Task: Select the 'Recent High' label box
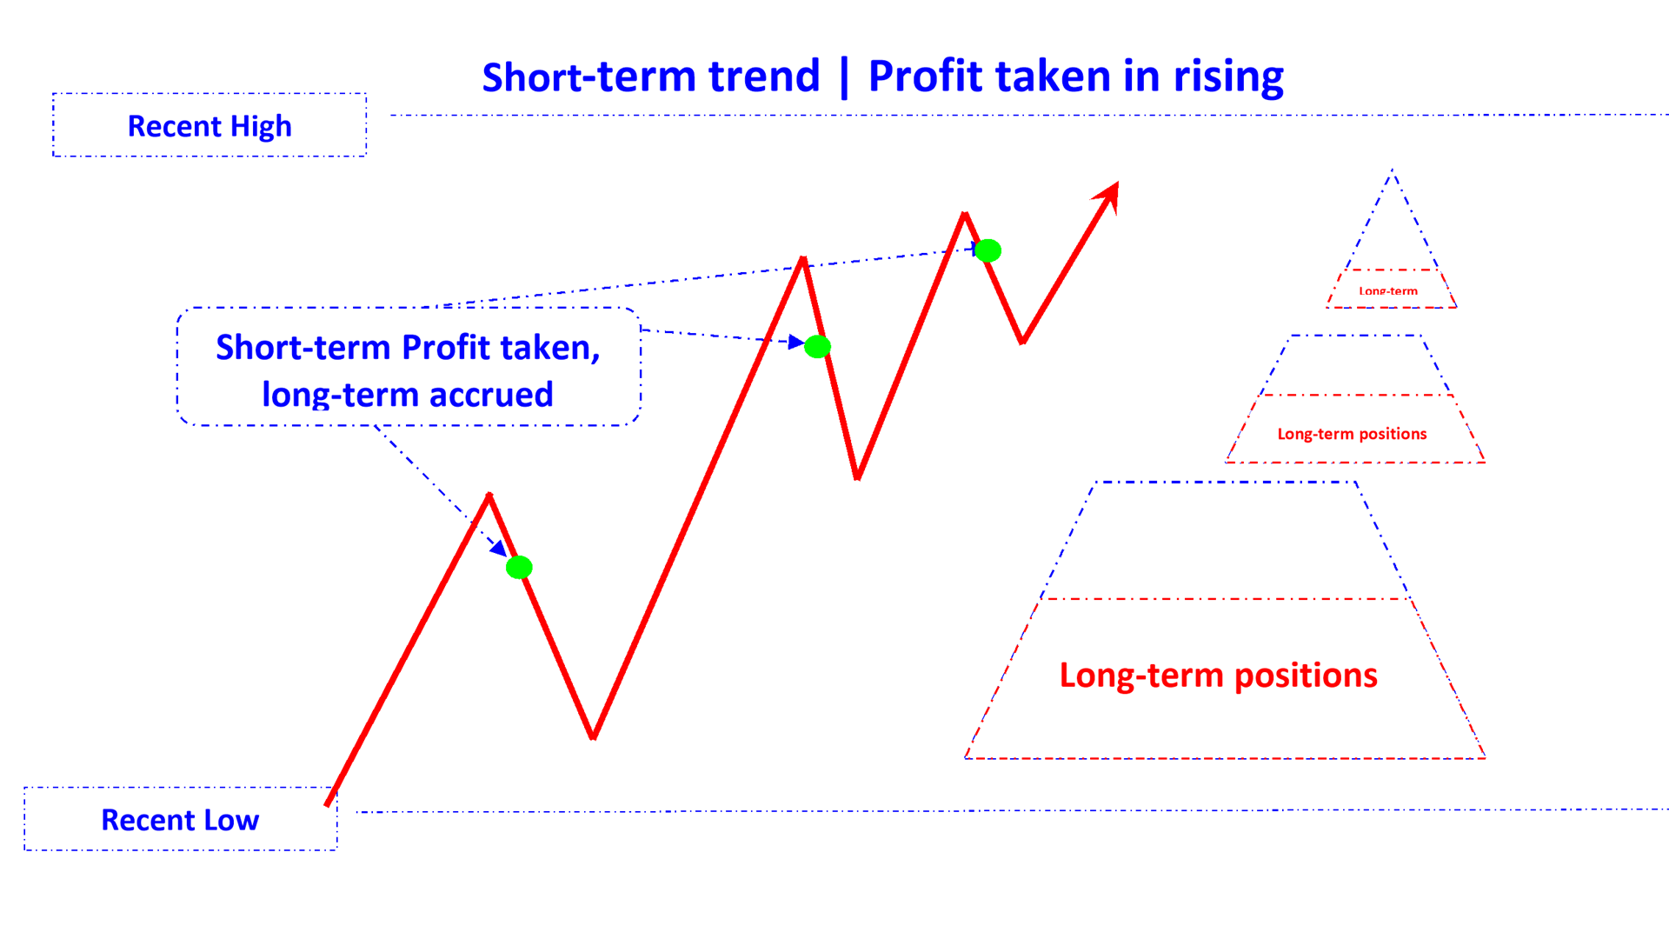click(209, 126)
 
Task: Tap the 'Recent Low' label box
click(180, 820)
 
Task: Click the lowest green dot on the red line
click(519, 568)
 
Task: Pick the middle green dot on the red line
click(817, 347)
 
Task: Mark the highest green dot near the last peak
click(987, 251)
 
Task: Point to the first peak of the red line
click(489, 496)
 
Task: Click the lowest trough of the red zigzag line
click(593, 736)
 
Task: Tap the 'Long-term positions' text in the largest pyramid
click(1218, 676)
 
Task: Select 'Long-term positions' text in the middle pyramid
click(1352, 434)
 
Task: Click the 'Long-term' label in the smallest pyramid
click(1388, 291)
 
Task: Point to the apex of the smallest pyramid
click(1393, 171)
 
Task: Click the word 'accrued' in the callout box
click(491, 395)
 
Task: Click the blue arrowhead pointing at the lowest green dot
click(499, 549)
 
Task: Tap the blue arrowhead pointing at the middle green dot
click(795, 342)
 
